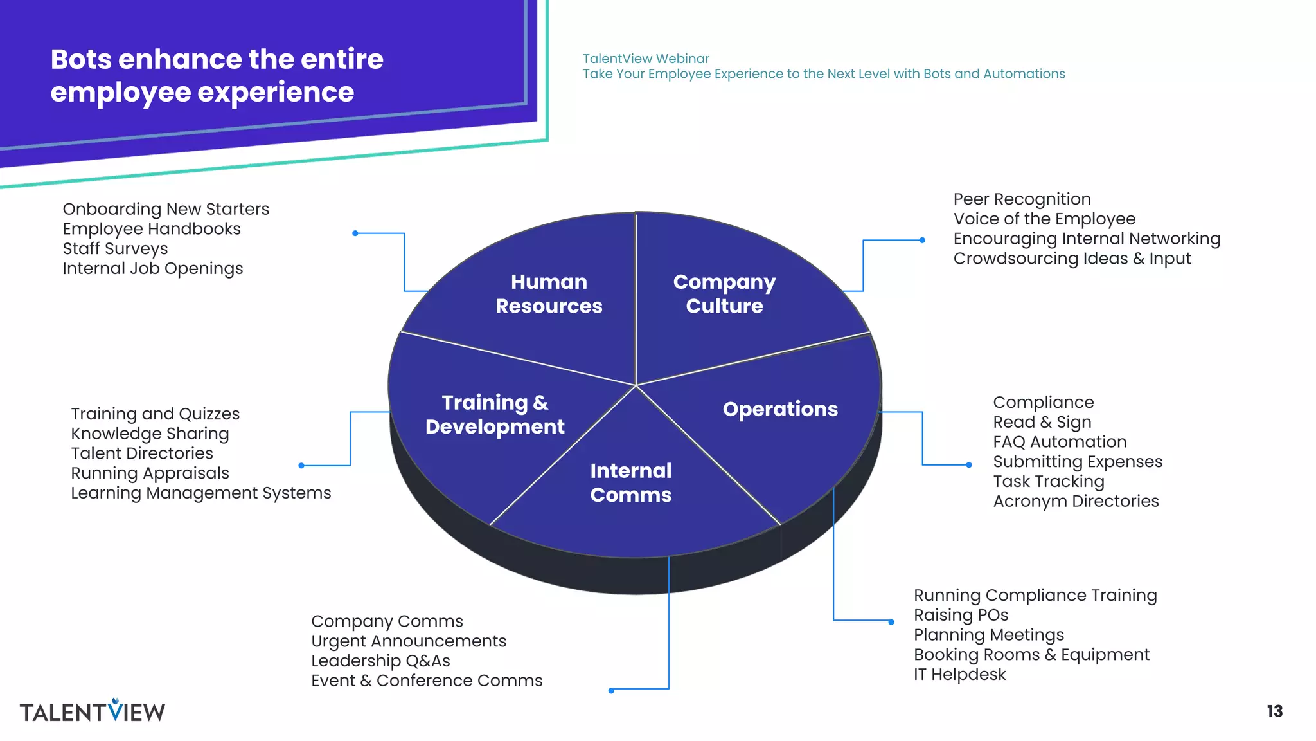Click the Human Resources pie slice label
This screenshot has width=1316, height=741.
pos(549,294)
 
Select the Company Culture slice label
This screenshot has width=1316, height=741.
pos(724,294)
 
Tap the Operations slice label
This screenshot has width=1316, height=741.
pos(780,409)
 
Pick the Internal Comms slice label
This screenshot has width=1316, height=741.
pos(630,482)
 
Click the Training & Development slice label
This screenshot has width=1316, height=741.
pos(495,415)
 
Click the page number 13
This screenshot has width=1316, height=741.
pos(1274,711)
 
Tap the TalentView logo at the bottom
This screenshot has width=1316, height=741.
pos(93,711)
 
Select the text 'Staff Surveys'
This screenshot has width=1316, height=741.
pos(115,248)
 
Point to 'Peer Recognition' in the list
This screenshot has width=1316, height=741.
pos(1022,199)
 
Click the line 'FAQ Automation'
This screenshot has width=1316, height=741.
pos(1060,442)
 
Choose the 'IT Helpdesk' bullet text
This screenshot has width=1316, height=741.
pos(959,674)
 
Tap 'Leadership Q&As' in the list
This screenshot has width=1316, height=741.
pos(380,661)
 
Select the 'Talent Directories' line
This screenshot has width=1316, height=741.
pos(142,453)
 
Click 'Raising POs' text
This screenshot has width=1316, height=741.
pos(961,615)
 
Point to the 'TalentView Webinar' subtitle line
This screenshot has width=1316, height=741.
pos(646,59)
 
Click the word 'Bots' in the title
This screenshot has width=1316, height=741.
pos(81,59)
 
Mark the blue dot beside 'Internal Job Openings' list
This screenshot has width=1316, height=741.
pos(355,233)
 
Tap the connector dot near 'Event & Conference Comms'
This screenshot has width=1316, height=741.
pos(611,691)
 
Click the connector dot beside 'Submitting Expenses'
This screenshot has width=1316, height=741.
pos(969,465)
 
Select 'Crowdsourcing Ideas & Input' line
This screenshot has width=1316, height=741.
pos(1072,259)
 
